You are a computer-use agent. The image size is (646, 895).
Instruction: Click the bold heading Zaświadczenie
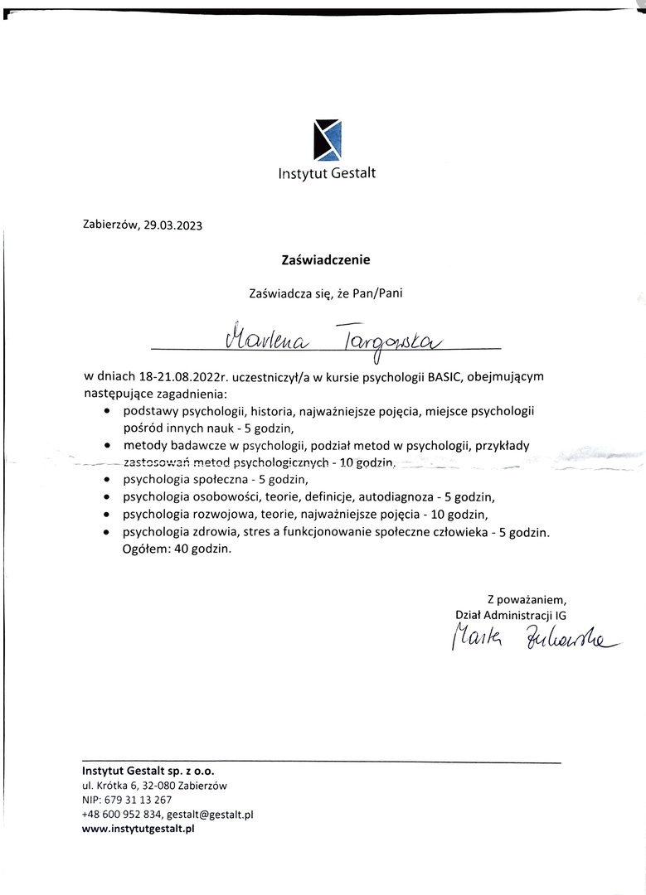tap(326, 259)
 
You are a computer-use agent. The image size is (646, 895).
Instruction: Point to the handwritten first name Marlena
tap(265, 339)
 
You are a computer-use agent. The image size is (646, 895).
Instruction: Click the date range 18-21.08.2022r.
tap(177, 377)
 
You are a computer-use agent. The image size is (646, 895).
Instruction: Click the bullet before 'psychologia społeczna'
tap(108, 480)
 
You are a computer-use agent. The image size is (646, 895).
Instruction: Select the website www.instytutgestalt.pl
tap(138, 830)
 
